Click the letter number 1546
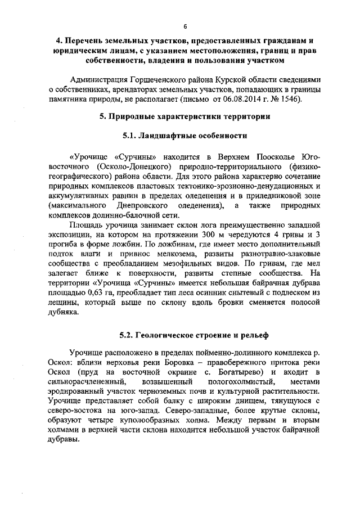pyautogui.click(x=292, y=100)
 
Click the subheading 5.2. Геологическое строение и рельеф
pyautogui.click(x=184, y=335)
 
